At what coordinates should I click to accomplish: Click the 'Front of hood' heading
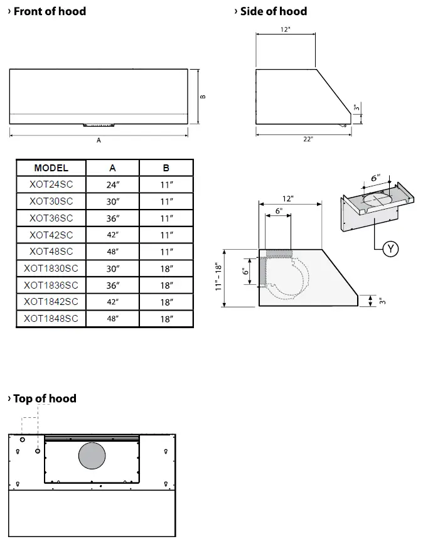pyautogui.click(x=50, y=11)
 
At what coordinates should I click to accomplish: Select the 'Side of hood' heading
pyautogui.click(x=274, y=11)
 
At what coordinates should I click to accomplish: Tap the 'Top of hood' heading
pyautogui.click(x=45, y=398)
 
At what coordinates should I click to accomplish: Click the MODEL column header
pyautogui.click(x=51, y=168)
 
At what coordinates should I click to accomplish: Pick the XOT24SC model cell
pyautogui.click(x=51, y=185)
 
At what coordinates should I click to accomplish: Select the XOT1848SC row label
pyautogui.click(x=51, y=319)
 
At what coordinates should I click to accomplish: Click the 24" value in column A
pyautogui.click(x=112, y=185)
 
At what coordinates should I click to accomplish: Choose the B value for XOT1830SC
pyautogui.click(x=166, y=269)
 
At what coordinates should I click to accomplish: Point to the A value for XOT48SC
pyautogui.click(x=112, y=252)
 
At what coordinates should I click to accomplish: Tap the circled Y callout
pyautogui.click(x=391, y=249)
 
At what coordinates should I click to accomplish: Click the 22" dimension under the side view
pyautogui.click(x=308, y=139)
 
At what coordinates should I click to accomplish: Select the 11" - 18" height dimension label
pyautogui.click(x=218, y=277)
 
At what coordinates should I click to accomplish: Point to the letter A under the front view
pyautogui.click(x=99, y=141)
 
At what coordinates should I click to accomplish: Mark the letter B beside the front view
pyautogui.click(x=203, y=97)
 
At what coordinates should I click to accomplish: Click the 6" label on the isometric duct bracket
pyautogui.click(x=375, y=178)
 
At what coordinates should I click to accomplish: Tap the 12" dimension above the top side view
pyautogui.click(x=286, y=29)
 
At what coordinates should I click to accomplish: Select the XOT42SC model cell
pyautogui.click(x=51, y=235)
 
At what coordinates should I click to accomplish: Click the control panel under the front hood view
pyautogui.click(x=99, y=124)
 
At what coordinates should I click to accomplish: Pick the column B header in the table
pyautogui.click(x=166, y=168)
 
